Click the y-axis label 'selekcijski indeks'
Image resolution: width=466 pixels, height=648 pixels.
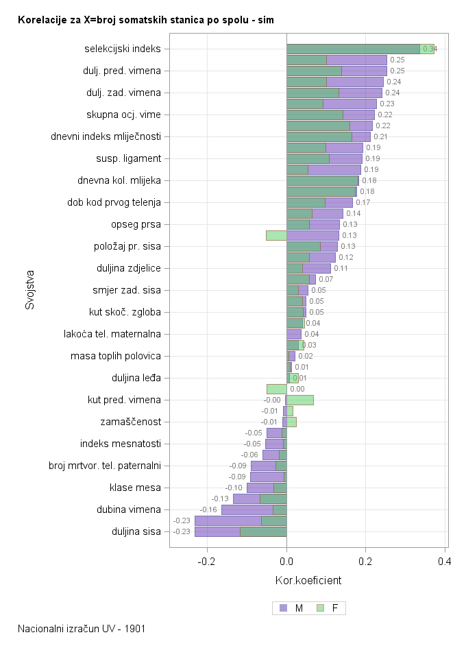123,49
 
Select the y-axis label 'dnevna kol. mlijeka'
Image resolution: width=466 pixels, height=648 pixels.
119,180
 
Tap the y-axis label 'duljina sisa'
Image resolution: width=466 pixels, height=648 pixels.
136,531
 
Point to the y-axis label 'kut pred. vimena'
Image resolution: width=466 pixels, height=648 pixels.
124,400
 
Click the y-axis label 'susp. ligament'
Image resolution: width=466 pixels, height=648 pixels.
128,158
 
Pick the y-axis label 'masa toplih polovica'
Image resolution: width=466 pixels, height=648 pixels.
116,356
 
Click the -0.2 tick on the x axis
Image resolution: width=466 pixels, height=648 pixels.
207,562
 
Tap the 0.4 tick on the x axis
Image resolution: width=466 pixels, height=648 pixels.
445,562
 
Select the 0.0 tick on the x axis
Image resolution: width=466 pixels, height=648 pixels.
286,562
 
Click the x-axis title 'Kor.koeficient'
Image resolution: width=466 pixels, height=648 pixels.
308,581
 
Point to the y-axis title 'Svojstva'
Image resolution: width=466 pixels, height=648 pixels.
29,289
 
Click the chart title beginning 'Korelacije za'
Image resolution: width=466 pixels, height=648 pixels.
146,20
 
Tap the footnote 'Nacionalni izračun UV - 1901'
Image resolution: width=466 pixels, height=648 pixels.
82,628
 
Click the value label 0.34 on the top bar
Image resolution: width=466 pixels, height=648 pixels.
430,49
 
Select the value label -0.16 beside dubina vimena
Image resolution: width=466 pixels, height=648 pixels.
208,509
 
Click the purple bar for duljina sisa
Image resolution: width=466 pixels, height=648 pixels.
217,531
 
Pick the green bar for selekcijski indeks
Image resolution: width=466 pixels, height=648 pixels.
353,49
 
